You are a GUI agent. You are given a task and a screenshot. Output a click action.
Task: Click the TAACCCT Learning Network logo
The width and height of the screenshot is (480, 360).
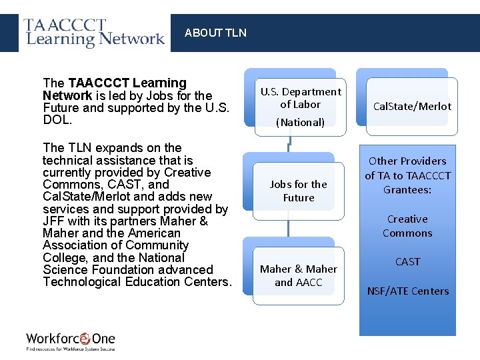tap(95, 33)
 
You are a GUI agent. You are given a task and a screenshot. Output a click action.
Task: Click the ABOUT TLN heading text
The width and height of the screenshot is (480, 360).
tap(215, 33)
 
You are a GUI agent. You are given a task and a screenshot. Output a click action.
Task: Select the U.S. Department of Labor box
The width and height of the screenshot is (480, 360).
tap(300, 98)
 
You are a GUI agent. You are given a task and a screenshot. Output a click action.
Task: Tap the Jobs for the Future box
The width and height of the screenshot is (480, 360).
tap(298, 191)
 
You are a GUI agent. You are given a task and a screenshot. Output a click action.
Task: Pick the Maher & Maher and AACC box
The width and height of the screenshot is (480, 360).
tap(298, 275)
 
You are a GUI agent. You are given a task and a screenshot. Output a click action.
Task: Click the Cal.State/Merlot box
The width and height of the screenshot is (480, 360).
tap(412, 106)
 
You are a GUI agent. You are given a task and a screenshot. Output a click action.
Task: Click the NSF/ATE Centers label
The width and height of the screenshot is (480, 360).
tap(407, 291)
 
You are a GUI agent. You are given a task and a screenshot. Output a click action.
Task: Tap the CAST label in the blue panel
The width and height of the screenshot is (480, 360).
tap(407, 261)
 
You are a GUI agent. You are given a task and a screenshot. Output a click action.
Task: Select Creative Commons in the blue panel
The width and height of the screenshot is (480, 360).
tap(407, 226)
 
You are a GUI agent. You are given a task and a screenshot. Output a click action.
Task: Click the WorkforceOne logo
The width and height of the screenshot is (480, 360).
tap(71, 341)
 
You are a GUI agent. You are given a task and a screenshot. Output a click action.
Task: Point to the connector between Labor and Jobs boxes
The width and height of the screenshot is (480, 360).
tap(289, 145)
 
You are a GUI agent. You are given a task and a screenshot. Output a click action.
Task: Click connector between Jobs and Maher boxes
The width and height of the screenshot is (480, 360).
tap(289, 228)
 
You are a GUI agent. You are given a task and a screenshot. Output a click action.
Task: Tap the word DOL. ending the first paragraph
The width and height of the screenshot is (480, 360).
tap(57, 120)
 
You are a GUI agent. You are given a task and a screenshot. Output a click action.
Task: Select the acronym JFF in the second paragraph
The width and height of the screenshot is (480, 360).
tap(54, 221)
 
